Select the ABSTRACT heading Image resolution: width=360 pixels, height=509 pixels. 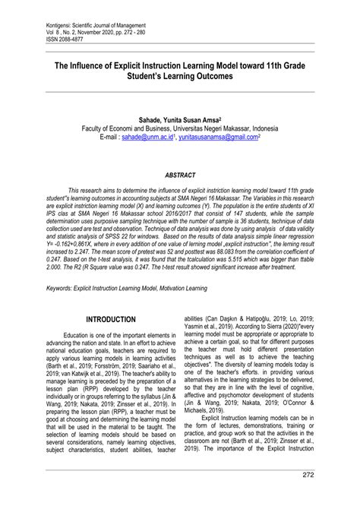180,174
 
